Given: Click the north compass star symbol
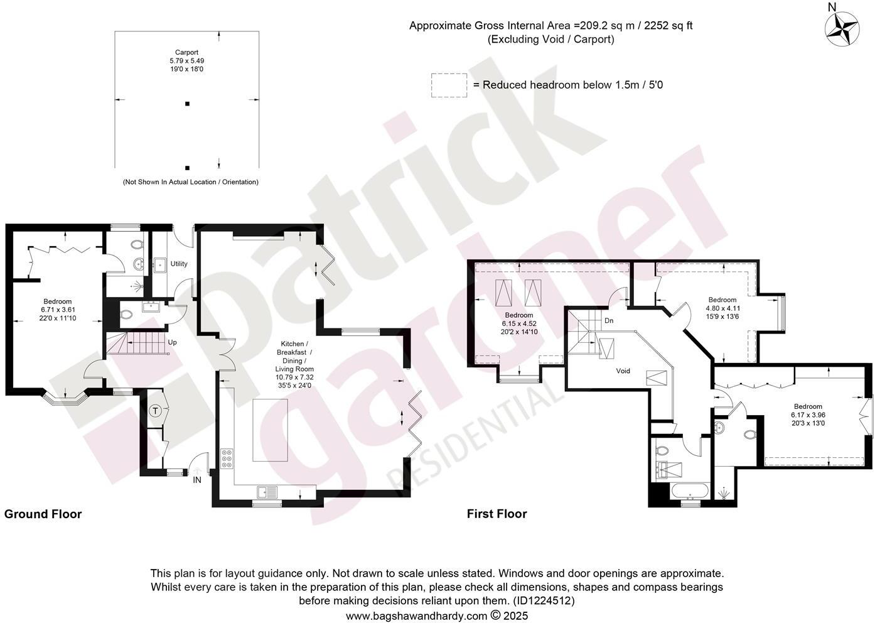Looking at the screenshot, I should click(x=842, y=30).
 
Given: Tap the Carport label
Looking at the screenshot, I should click(x=186, y=53).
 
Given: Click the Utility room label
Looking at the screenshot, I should click(x=179, y=264).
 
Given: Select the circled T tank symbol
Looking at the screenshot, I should click(x=156, y=411).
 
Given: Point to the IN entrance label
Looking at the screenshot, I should click(x=197, y=480).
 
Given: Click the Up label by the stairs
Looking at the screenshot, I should click(x=173, y=343).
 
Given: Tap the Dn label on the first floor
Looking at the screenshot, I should click(x=608, y=320).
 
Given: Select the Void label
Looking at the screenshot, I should click(x=623, y=371).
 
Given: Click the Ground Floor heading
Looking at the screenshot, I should click(x=43, y=514).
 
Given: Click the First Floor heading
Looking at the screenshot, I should click(x=497, y=514).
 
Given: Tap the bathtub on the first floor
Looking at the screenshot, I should click(x=690, y=492).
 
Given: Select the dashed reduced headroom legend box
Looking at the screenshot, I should click(x=449, y=85).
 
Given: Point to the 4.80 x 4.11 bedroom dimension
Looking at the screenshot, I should click(x=722, y=308).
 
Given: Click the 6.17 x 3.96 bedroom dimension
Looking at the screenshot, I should click(x=808, y=415).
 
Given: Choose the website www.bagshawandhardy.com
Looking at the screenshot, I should click(x=417, y=615).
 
